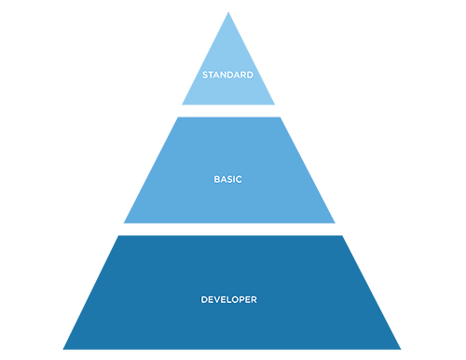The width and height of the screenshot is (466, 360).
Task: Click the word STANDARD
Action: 227,75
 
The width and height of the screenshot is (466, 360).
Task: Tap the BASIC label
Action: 227,179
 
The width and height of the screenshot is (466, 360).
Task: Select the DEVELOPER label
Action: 228,299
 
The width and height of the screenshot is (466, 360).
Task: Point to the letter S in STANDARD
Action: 205,75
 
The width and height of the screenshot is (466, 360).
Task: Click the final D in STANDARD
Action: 250,75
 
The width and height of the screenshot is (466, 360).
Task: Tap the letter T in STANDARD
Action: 212,75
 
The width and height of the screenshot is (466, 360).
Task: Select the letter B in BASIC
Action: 216,179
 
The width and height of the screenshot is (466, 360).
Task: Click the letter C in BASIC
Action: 239,179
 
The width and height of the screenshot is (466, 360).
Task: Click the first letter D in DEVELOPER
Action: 204,299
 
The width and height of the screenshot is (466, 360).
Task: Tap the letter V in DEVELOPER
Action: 217,299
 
